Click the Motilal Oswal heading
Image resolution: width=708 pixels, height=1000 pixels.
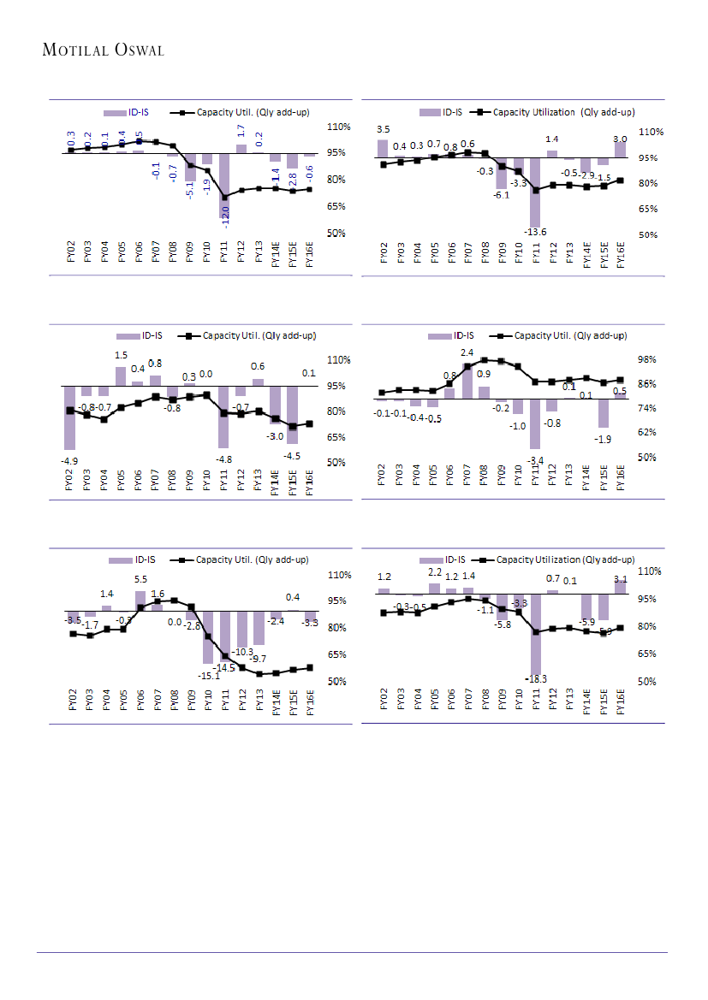point(103,50)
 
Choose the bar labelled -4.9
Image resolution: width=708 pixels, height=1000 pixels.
point(69,417)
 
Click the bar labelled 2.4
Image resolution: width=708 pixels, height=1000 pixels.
point(467,381)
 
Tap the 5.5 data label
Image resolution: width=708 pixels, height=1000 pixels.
point(140,579)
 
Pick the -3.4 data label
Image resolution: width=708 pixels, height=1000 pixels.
point(534,460)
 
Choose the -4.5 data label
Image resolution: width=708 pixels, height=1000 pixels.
point(293,454)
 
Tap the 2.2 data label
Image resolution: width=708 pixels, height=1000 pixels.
point(434,571)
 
